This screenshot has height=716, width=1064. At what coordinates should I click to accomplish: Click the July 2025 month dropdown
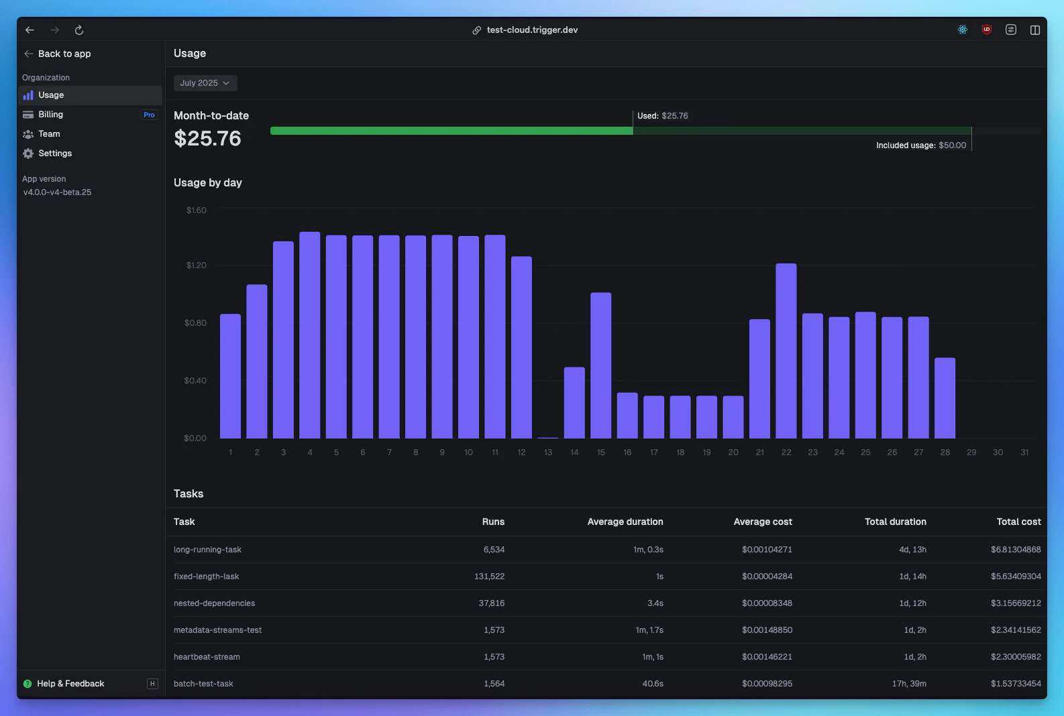pyautogui.click(x=205, y=83)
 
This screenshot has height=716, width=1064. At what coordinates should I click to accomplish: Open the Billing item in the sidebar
pyautogui.click(x=51, y=115)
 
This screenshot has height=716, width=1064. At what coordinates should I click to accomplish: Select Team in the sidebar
pyautogui.click(x=49, y=134)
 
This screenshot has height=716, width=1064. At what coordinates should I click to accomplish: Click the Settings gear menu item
pyautogui.click(x=54, y=154)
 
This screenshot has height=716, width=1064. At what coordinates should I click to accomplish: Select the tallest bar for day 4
pyautogui.click(x=309, y=335)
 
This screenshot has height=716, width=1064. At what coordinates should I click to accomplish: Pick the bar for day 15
pyautogui.click(x=600, y=365)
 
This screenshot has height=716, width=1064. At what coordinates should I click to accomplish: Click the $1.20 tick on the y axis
pyautogui.click(x=196, y=265)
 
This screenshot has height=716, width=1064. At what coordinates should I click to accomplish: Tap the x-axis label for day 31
pyautogui.click(x=1024, y=453)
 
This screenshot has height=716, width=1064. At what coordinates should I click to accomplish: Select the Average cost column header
pyautogui.click(x=762, y=522)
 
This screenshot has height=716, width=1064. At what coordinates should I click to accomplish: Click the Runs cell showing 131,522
pyautogui.click(x=489, y=577)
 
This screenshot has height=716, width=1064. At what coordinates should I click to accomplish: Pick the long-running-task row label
pyautogui.click(x=207, y=550)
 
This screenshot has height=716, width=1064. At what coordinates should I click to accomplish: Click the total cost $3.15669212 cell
pyautogui.click(x=1015, y=603)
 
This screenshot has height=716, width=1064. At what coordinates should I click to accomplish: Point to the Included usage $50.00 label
pyautogui.click(x=920, y=145)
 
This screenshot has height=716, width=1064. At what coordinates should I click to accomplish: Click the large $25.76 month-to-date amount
pyautogui.click(x=207, y=138)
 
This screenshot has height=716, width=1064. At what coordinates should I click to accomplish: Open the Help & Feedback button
pyautogui.click(x=70, y=684)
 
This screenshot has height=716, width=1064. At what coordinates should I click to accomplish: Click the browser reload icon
pyautogui.click(x=79, y=30)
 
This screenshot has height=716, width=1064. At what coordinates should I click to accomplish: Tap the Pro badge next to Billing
pyautogui.click(x=149, y=115)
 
